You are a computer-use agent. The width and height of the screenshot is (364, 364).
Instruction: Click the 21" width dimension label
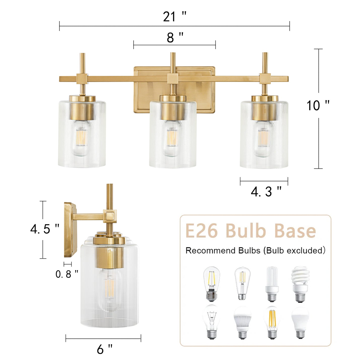[x=174, y=17]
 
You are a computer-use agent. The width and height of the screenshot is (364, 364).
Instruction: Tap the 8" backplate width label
[x=175, y=38]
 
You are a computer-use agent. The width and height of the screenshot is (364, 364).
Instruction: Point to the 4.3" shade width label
[x=266, y=192]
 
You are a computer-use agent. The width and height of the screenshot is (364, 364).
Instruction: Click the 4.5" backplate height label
[x=45, y=229]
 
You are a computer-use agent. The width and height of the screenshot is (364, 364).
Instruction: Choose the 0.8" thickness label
[x=67, y=274]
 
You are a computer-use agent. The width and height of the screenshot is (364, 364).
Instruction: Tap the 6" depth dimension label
[x=105, y=349]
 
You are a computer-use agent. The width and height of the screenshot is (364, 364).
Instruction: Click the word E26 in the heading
[x=202, y=231]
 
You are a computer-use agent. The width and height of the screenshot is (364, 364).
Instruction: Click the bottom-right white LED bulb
[x=300, y=322]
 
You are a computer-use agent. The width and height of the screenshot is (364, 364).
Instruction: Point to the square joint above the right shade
[x=265, y=79]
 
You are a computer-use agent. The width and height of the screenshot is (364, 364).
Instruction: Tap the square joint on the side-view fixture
[x=110, y=216]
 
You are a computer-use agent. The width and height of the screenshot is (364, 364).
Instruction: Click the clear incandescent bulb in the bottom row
[x=212, y=322]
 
